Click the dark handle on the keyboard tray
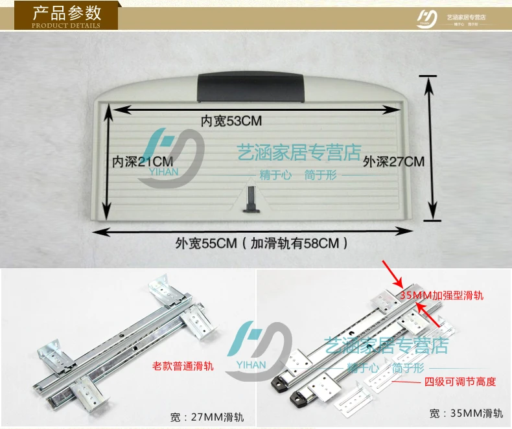[x=251, y=87]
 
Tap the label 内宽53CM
[x=231, y=121]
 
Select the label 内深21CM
[x=143, y=161]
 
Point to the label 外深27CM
[x=394, y=161]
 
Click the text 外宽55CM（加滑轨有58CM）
[x=261, y=243]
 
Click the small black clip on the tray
[x=251, y=199]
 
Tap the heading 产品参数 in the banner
[x=67, y=13]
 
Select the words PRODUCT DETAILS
[x=66, y=25]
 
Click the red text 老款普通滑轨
[x=183, y=366]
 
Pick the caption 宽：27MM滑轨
[x=207, y=417]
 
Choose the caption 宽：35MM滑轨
[x=466, y=413]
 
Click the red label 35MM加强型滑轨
[x=442, y=296]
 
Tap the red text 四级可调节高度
[x=460, y=381]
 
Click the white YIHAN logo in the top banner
[x=427, y=19]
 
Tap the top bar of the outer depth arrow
[x=428, y=76]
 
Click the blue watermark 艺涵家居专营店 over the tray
[x=299, y=152]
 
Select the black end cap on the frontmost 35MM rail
[x=297, y=397]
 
